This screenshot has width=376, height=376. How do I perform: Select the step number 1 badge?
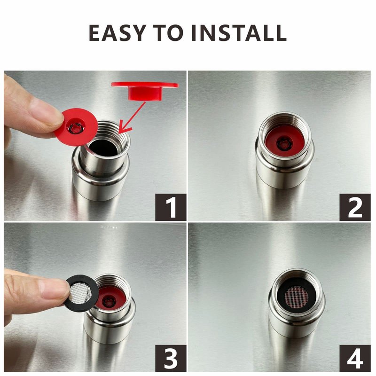tap(171, 207)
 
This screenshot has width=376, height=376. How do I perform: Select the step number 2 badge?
tap(355, 207)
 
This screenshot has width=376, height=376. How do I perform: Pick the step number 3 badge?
tap(171, 358)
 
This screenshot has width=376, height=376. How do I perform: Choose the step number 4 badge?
tap(355, 358)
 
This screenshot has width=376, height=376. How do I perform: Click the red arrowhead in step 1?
tap(125, 127)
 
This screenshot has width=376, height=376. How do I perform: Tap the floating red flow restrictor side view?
tap(145, 90)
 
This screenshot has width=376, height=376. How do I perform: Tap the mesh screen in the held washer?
tap(80, 292)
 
